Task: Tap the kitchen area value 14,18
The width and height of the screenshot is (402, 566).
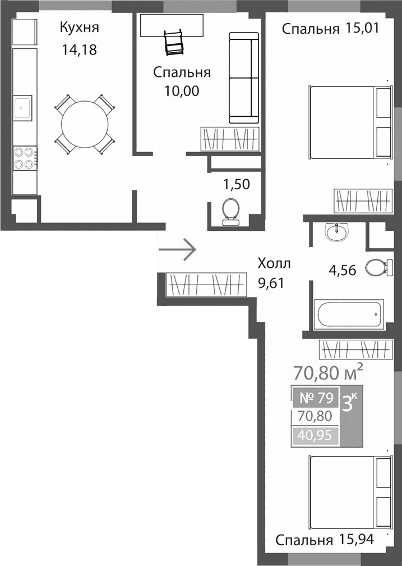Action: (x=80, y=50)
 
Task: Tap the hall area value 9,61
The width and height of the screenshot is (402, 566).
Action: (x=271, y=282)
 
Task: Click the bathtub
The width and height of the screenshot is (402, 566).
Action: (x=348, y=315)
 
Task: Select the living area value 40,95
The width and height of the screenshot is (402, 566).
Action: (x=315, y=435)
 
